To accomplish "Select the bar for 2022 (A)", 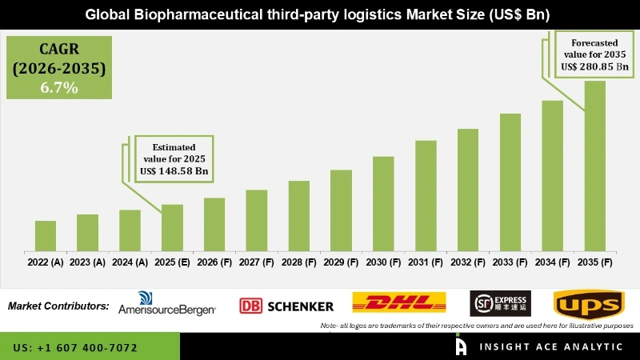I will (46, 235).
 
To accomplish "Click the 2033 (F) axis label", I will (510, 262).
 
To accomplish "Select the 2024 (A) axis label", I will (130, 262).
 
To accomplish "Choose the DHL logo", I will (399, 303).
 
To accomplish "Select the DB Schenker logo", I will (286, 306).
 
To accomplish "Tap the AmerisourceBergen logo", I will (166, 305).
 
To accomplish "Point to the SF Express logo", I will (499, 302).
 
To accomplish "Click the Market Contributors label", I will (58, 306).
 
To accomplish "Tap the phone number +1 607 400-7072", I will (75, 348).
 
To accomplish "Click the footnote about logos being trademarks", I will (476, 326).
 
